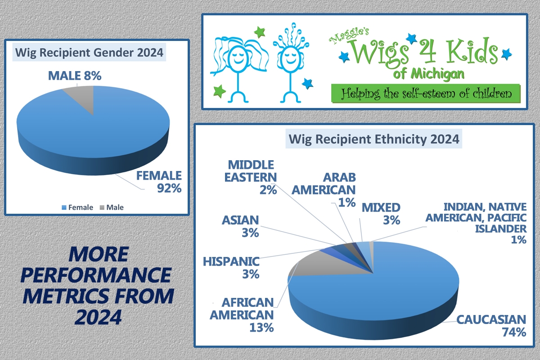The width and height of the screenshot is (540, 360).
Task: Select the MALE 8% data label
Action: click(75, 76)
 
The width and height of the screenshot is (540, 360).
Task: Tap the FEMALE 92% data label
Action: click(159, 182)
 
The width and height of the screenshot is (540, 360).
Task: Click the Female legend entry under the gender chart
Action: click(77, 207)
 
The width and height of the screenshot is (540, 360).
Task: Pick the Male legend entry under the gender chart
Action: click(112, 207)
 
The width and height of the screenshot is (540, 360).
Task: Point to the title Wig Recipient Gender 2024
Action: click(89, 52)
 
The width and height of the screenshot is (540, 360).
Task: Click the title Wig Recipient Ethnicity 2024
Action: click(374, 139)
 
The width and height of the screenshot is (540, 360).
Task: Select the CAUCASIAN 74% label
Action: click(491, 326)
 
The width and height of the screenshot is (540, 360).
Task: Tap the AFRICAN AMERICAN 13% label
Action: click(242, 315)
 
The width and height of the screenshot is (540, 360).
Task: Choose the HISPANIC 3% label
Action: click(231, 268)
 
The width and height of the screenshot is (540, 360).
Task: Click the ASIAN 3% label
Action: click(240, 226)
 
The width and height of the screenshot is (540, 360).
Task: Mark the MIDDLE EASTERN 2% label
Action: click(251, 177)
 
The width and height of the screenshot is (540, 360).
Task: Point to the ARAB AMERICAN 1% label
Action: click(324, 190)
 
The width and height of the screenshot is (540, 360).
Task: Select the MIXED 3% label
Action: click(381, 214)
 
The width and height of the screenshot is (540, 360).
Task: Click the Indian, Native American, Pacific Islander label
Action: click(476, 223)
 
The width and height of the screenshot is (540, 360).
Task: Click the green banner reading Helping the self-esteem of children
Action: click(426, 94)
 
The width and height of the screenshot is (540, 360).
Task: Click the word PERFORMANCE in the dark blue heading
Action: click(96, 274)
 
